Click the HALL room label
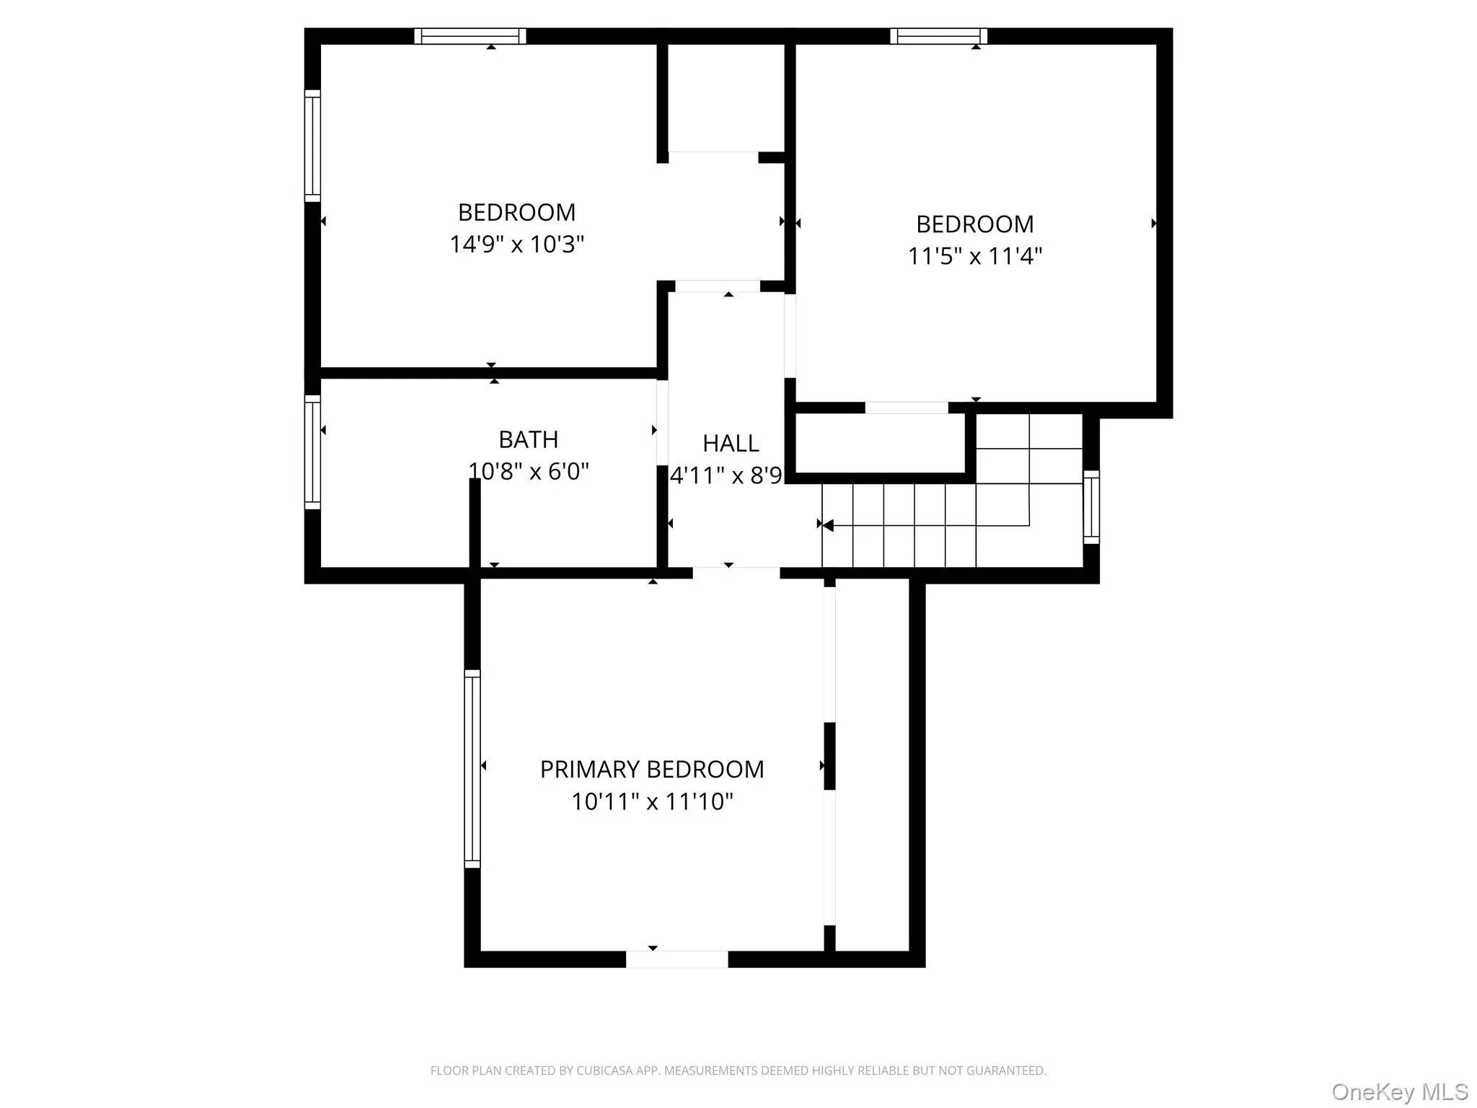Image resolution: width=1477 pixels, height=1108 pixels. click(x=731, y=443)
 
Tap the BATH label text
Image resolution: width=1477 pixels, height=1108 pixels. click(x=528, y=439)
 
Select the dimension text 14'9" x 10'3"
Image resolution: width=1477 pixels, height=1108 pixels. click(x=516, y=245)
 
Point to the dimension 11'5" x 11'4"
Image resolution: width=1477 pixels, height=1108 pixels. click(x=974, y=256)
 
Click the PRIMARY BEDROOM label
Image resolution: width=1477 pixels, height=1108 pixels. click(x=651, y=770)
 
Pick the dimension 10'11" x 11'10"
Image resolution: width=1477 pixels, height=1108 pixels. click(x=651, y=801)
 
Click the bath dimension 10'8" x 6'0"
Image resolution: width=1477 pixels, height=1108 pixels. click(x=528, y=471)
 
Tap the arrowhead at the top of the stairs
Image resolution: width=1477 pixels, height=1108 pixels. click(x=828, y=525)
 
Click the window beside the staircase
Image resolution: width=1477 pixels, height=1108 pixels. click(x=1091, y=507)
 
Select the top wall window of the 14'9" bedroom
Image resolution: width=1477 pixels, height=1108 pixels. click(x=469, y=36)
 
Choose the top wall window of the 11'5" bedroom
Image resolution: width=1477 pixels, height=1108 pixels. click(x=938, y=36)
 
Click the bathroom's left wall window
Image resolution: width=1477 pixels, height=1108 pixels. click(x=312, y=452)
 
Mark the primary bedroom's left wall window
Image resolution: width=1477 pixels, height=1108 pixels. click(x=472, y=768)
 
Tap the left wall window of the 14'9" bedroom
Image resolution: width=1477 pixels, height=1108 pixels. click(x=312, y=146)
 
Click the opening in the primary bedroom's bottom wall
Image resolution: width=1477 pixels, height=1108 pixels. click(x=676, y=959)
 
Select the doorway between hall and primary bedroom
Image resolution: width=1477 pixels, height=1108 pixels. click(x=736, y=573)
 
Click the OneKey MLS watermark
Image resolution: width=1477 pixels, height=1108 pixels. click(x=1399, y=1092)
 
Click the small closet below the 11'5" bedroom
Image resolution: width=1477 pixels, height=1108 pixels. click(x=879, y=443)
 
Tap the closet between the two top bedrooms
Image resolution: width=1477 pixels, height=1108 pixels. click(x=724, y=97)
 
